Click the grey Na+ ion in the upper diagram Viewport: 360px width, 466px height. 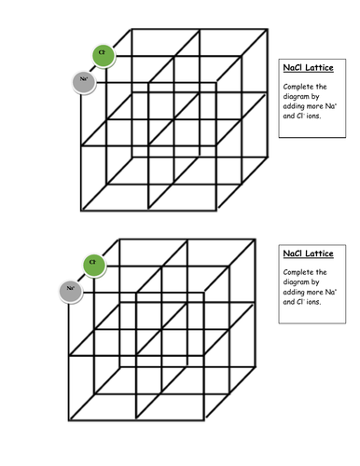[83, 82]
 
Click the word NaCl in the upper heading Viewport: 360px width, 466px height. [294, 68]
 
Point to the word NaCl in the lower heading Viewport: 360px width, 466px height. [294, 254]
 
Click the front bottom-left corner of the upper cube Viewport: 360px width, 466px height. [81, 209]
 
